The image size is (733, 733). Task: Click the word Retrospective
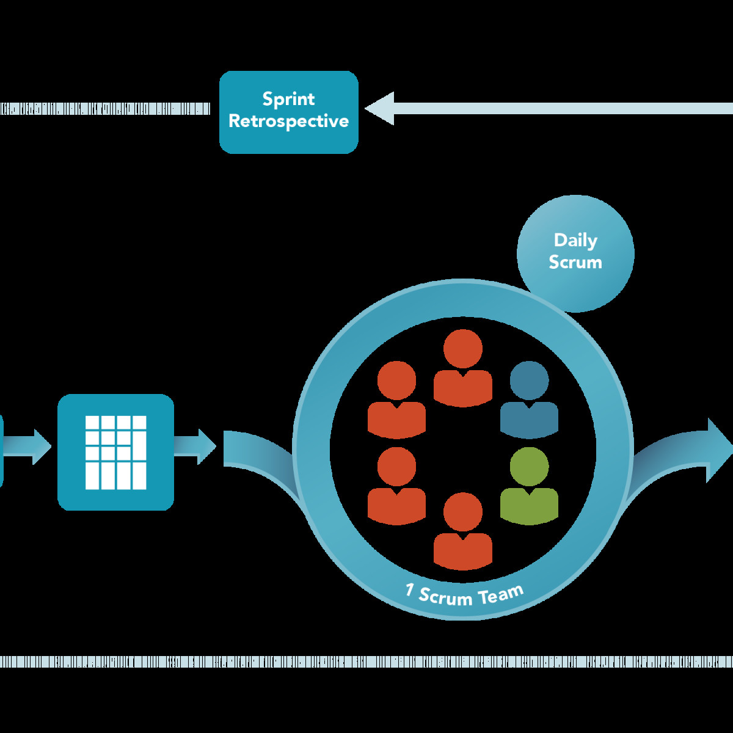coord(288,121)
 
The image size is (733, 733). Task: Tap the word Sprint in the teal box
coord(288,99)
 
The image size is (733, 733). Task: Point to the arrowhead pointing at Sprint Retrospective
coord(381,109)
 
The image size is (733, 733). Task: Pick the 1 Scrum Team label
coord(464,594)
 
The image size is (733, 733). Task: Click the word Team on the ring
coord(501,594)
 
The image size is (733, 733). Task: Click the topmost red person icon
coord(462,369)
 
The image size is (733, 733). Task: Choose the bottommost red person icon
coord(462,531)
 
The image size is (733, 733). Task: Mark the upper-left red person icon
coord(396,400)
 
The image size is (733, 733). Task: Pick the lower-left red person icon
coord(396,486)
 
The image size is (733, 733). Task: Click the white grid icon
coord(115,452)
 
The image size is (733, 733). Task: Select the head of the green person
coord(529,467)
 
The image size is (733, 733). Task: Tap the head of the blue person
coord(529,381)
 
